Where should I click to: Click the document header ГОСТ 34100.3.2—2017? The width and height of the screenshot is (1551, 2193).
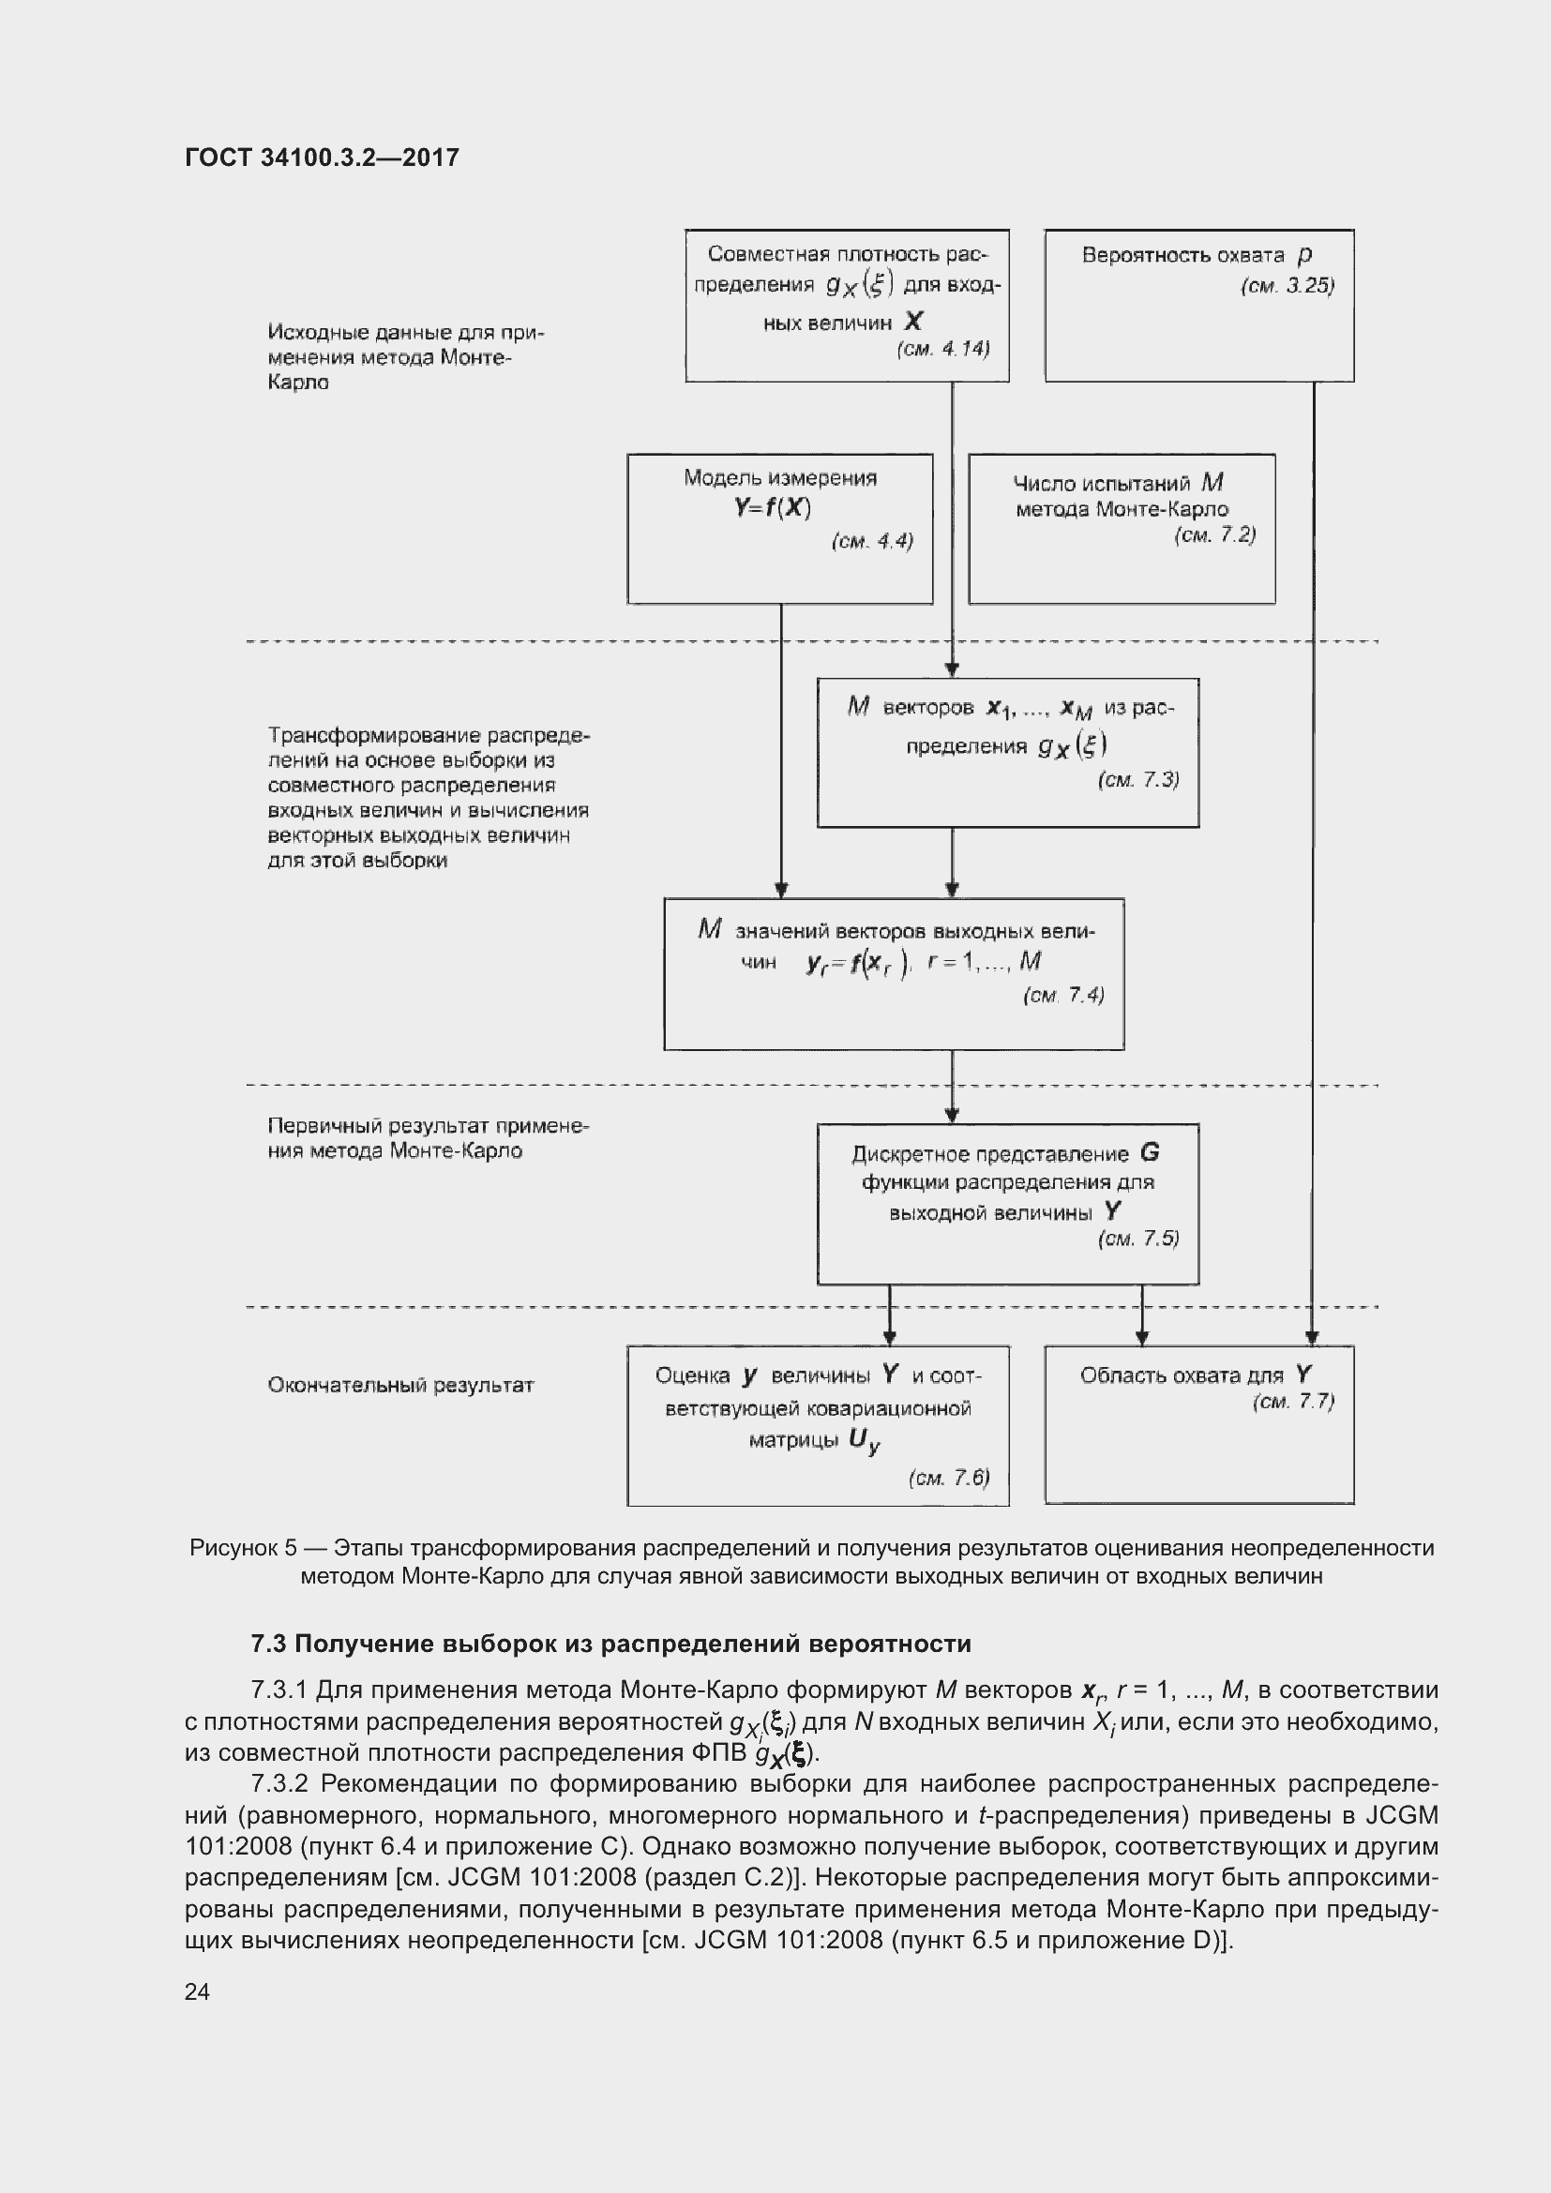point(322,158)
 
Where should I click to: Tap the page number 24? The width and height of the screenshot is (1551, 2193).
point(197,1990)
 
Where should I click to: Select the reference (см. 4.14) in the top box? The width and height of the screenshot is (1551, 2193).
point(942,349)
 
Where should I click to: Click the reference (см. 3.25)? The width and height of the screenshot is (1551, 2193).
point(1287,286)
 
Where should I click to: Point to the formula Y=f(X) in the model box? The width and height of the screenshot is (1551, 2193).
point(773,507)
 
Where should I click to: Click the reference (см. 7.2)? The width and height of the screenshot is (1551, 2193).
point(1214,534)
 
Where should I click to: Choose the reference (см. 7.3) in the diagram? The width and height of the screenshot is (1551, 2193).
point(1138,779)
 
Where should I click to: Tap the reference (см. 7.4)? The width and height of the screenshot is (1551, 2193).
point(1063,996)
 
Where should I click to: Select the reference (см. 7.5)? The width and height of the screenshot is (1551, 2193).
point(1138,1239)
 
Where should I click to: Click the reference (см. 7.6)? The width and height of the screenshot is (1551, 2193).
point(948,1479)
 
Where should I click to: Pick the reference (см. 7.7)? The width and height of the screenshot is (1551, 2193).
point(1293,1401)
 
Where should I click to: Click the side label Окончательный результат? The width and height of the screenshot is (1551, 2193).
point(400,1385)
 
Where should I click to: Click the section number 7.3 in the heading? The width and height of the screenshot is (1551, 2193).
point(268,1644)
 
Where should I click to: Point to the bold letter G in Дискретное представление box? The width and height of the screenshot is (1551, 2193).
point(1150,1153)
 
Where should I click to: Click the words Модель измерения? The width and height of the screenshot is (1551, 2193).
point(780,477)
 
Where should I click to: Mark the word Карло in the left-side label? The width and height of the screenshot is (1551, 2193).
point(298,383)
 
